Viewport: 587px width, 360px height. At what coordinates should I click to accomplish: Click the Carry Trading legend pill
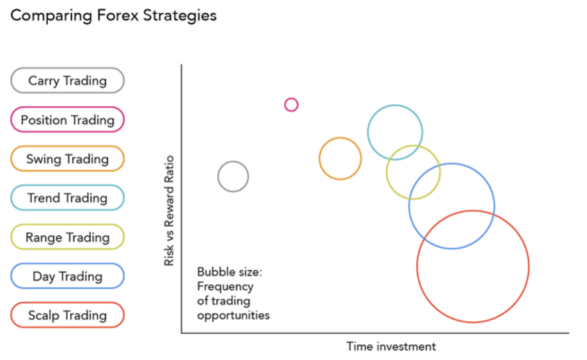[67, 81]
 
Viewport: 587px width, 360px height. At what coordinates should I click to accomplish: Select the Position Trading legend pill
[67, 119]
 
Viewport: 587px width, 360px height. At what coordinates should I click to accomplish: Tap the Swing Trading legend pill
[67, 159]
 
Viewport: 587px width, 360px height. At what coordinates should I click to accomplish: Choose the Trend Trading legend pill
[67, 198]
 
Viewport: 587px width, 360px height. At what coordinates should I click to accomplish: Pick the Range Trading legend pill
[67, 237]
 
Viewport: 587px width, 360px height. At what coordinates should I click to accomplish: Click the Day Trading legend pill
[67, 276]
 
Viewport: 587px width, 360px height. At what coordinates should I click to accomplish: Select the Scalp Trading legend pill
[67, 315]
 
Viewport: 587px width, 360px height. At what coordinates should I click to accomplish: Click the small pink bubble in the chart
[291, 98]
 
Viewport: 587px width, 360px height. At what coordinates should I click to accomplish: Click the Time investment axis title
[391, 346]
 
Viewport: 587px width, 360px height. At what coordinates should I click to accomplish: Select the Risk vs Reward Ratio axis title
[169, 211]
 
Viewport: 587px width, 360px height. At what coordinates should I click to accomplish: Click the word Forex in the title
[118, 16]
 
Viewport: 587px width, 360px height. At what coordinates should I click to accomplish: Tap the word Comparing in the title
[51, 16]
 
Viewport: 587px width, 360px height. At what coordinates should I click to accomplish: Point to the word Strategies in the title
[180, 16]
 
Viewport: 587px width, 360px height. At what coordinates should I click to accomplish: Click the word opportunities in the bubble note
[233, 315]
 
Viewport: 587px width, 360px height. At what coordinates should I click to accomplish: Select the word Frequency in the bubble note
[226, 287]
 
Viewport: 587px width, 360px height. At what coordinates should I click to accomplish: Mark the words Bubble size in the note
[229, 272]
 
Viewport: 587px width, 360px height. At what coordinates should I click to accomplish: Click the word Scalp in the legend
[44, 315]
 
